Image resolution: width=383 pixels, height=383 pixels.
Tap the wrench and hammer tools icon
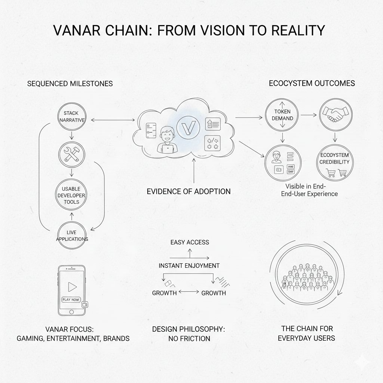72,154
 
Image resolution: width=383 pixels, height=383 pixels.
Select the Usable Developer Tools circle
72,195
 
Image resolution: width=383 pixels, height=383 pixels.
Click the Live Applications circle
71,235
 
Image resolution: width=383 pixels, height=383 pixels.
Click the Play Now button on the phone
71,300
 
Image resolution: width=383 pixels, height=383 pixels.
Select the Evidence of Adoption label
189,191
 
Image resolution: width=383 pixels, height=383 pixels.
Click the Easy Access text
190,242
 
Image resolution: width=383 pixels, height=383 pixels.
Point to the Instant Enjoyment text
189,266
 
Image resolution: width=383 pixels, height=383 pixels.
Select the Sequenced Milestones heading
70,84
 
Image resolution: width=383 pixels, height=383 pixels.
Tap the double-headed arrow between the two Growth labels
189,291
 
